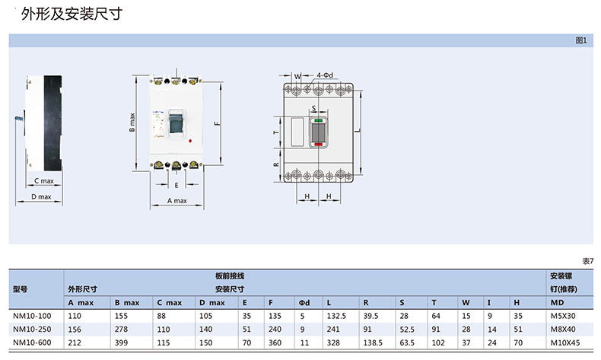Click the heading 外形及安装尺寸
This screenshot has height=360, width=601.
click(x=72, y=14)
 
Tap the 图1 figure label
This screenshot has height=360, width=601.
click(x=581, y=40)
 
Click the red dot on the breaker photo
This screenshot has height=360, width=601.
click(x=190, y=141)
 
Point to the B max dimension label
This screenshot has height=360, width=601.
click(x=132, y=123)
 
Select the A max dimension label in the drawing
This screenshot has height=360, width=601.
click(x=177, y=200)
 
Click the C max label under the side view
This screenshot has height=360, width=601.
click(x=44, y=180)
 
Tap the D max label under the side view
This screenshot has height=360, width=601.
click(x=41, y=196)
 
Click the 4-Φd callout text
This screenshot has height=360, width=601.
click(x=325, y=75)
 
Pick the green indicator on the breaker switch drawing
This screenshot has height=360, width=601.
click(x=319, y=120)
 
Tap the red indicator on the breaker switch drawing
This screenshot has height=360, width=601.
click(x=319, y=144)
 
